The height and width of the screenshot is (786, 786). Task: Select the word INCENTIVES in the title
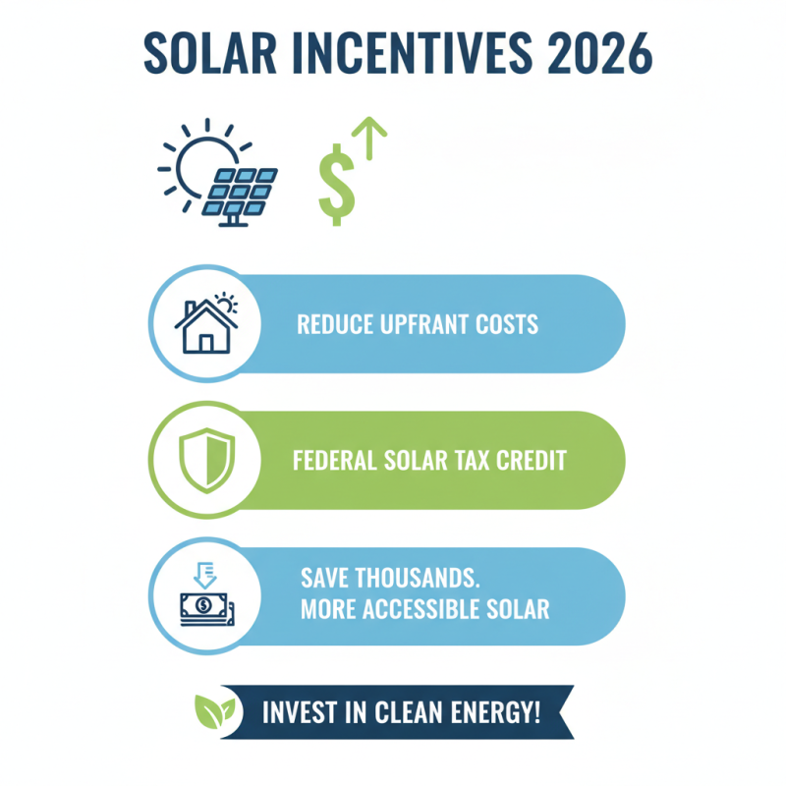point(404,54)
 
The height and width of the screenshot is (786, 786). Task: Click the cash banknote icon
point(203,606)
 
